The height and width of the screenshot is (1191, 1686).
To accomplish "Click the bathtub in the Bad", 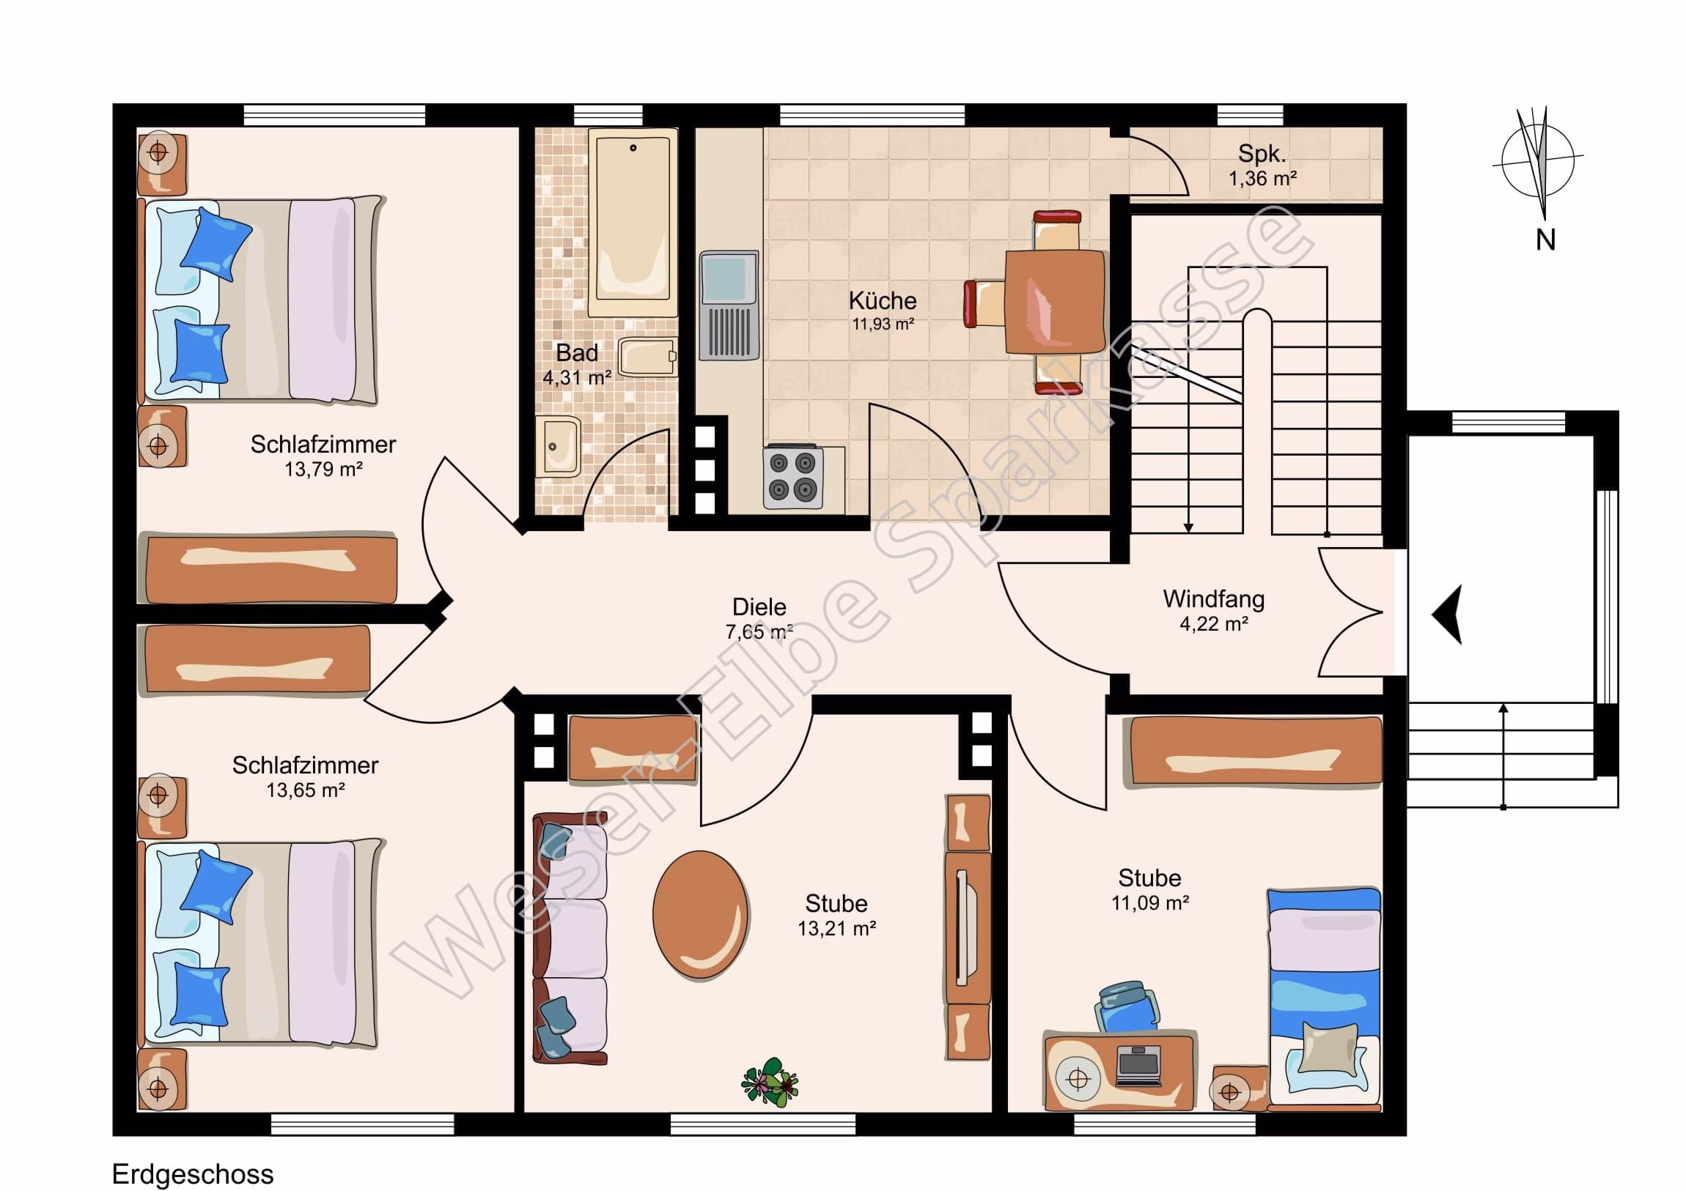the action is pos(632,223).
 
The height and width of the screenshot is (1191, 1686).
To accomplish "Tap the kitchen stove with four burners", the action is pos(793,478).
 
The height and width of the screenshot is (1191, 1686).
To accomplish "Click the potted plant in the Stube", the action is pos(770,1083).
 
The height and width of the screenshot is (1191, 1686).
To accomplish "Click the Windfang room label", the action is pos(1214,599).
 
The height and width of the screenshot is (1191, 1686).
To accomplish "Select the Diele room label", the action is pos(759,607).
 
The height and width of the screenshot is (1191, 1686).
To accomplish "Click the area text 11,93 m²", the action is pos(883,324).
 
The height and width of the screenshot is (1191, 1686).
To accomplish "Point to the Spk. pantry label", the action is pos(1262,153).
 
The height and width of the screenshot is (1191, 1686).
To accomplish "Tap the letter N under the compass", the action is pos(1546,240).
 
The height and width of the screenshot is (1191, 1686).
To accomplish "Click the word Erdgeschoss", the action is pos(193,1174).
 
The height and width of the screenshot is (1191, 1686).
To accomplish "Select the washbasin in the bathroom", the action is pos(558,446).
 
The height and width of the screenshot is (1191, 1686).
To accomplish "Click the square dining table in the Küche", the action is pos(1055,302).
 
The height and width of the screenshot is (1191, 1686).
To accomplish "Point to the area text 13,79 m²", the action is pos(324,469).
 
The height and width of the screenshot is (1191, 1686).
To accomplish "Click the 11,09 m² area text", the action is pos(1150,902).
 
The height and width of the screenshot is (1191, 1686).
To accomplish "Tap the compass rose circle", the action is pos(1539,160).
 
